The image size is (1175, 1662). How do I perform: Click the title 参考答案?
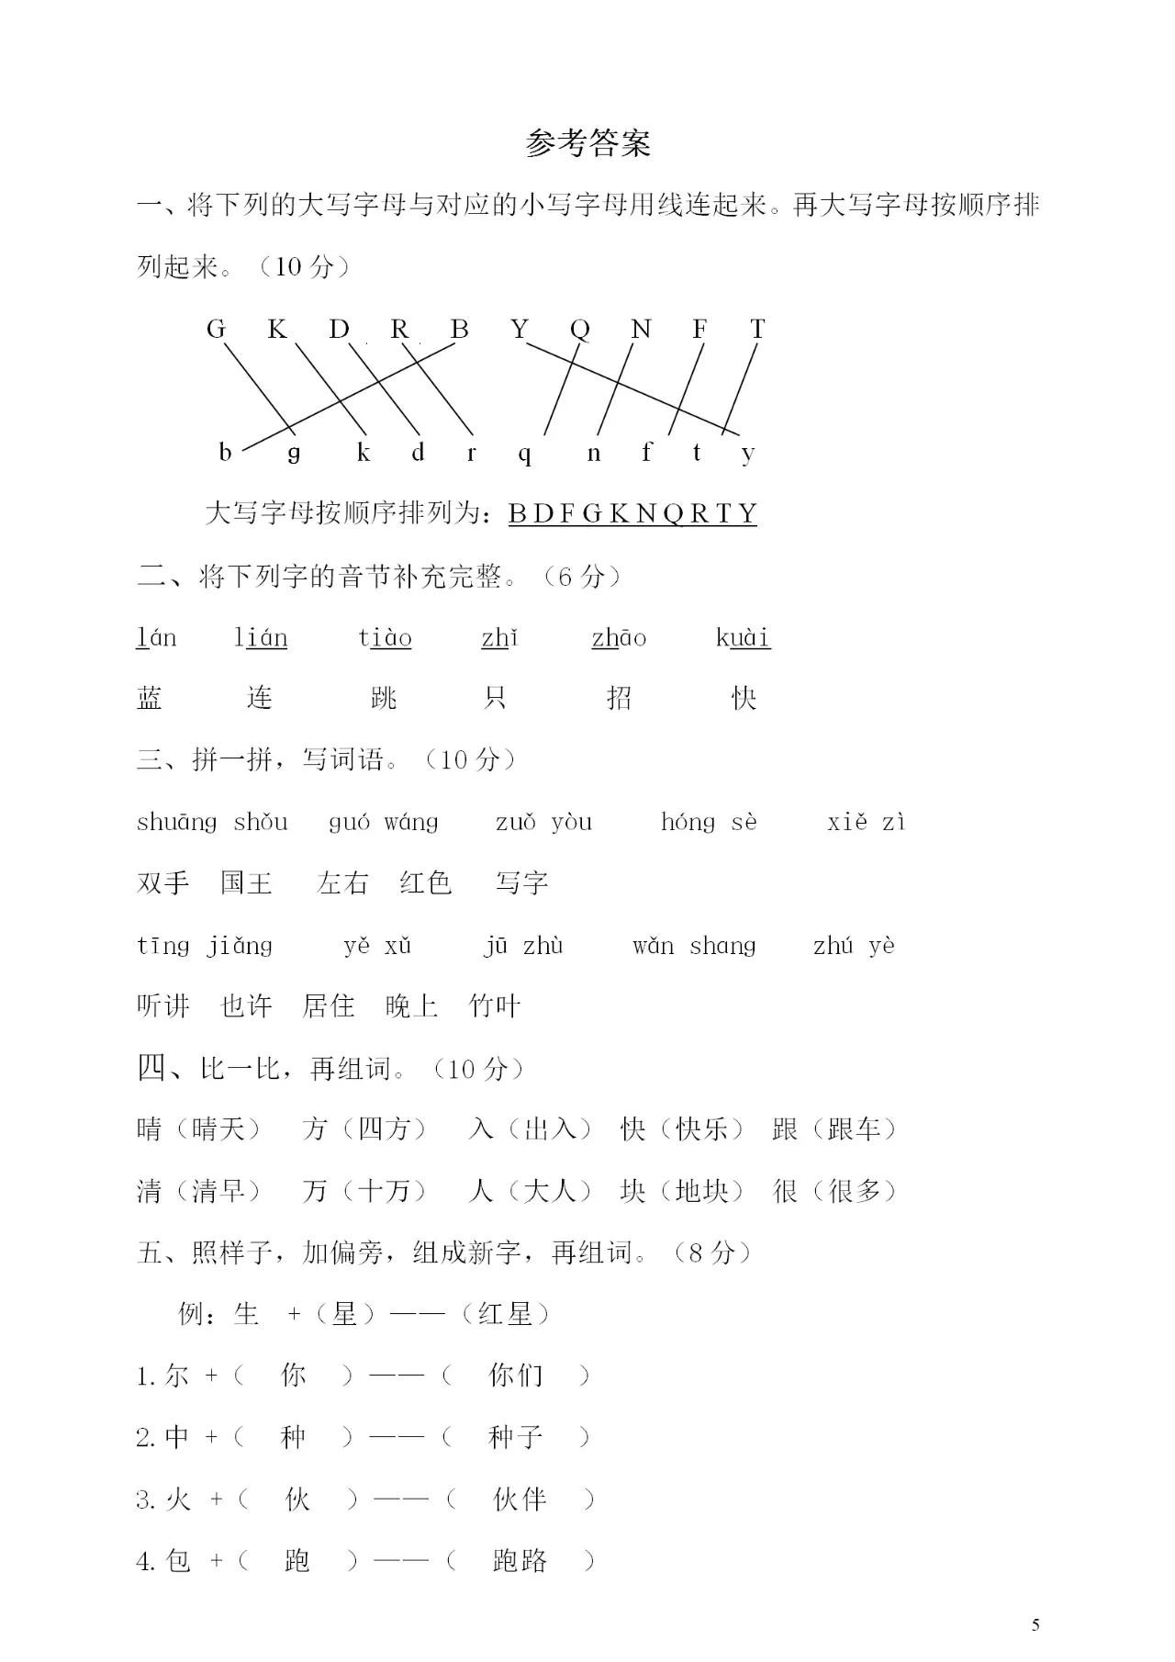pyautogui.click(x=587, y=143)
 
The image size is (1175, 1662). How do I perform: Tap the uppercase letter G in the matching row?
pyautogui.click(x=216, y=329)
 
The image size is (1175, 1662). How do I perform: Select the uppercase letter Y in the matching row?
pyautogui.click(x=520, y=329)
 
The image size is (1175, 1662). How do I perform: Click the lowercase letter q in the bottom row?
pyautogui.click(x=524, y=453)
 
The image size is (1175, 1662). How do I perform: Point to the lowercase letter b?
pyautogui.click(x=225, y=452)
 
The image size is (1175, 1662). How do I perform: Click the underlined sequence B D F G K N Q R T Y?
pyautogui.click(x=632, y=513)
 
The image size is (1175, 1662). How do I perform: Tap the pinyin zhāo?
pyautogui.click(x=619, y=637)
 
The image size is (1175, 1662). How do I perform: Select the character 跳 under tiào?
pyautogui.click(x=384, y=699)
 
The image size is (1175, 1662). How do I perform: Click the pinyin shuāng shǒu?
pyautogui.click(x=212, y=822)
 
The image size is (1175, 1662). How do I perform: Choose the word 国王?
pyautogui.click(x=246, y=883)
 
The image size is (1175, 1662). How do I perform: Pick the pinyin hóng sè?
pyautogui.click(x=709, y=822)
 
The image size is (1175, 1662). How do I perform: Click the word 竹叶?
pyautogui.click(x=495, y=1006)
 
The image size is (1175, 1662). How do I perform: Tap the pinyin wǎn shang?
pyautogui.click(x=694, y=946)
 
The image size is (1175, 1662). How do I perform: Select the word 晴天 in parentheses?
pyautogui.click(x=218, y=1129)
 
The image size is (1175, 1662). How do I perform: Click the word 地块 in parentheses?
pyautogui.click(x=701, y=1192)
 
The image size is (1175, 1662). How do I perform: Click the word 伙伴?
pyautogui.click(x=520, y=1500)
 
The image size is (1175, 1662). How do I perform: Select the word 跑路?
pyautogui.click(x=520, y=1561)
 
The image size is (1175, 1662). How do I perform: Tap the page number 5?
pyautogui.click(x=1035, y=1624)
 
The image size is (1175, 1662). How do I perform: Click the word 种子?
pyautogui.click(x=516, y=1438)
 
